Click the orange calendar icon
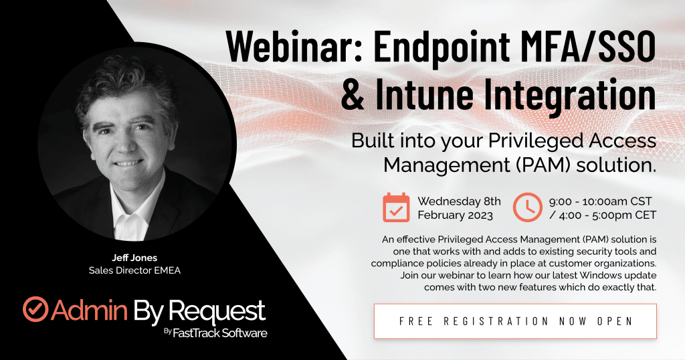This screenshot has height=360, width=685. point(396,207)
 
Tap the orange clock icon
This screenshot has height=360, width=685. point(527,207)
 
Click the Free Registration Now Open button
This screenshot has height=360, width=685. point(516,321)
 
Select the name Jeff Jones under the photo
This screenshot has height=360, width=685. point(134,258)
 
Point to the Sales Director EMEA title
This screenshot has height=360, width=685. point(134,270)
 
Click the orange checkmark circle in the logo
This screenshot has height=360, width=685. point(35,309)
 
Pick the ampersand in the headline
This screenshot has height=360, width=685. point(353,94)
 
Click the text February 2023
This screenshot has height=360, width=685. point(455,215)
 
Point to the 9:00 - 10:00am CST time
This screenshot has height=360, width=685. point(600,201)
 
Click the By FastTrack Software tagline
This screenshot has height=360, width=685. point(215,333)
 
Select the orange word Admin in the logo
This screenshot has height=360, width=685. point(89,310)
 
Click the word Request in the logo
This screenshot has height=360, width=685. point(217,312)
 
